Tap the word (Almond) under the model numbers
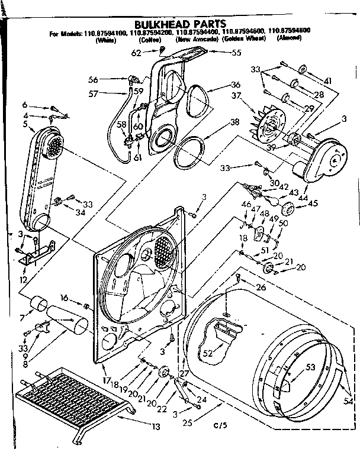click(x=289, y=38)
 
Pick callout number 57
click(x=94, y=93)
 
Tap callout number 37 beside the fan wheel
click(x=236, y=96)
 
